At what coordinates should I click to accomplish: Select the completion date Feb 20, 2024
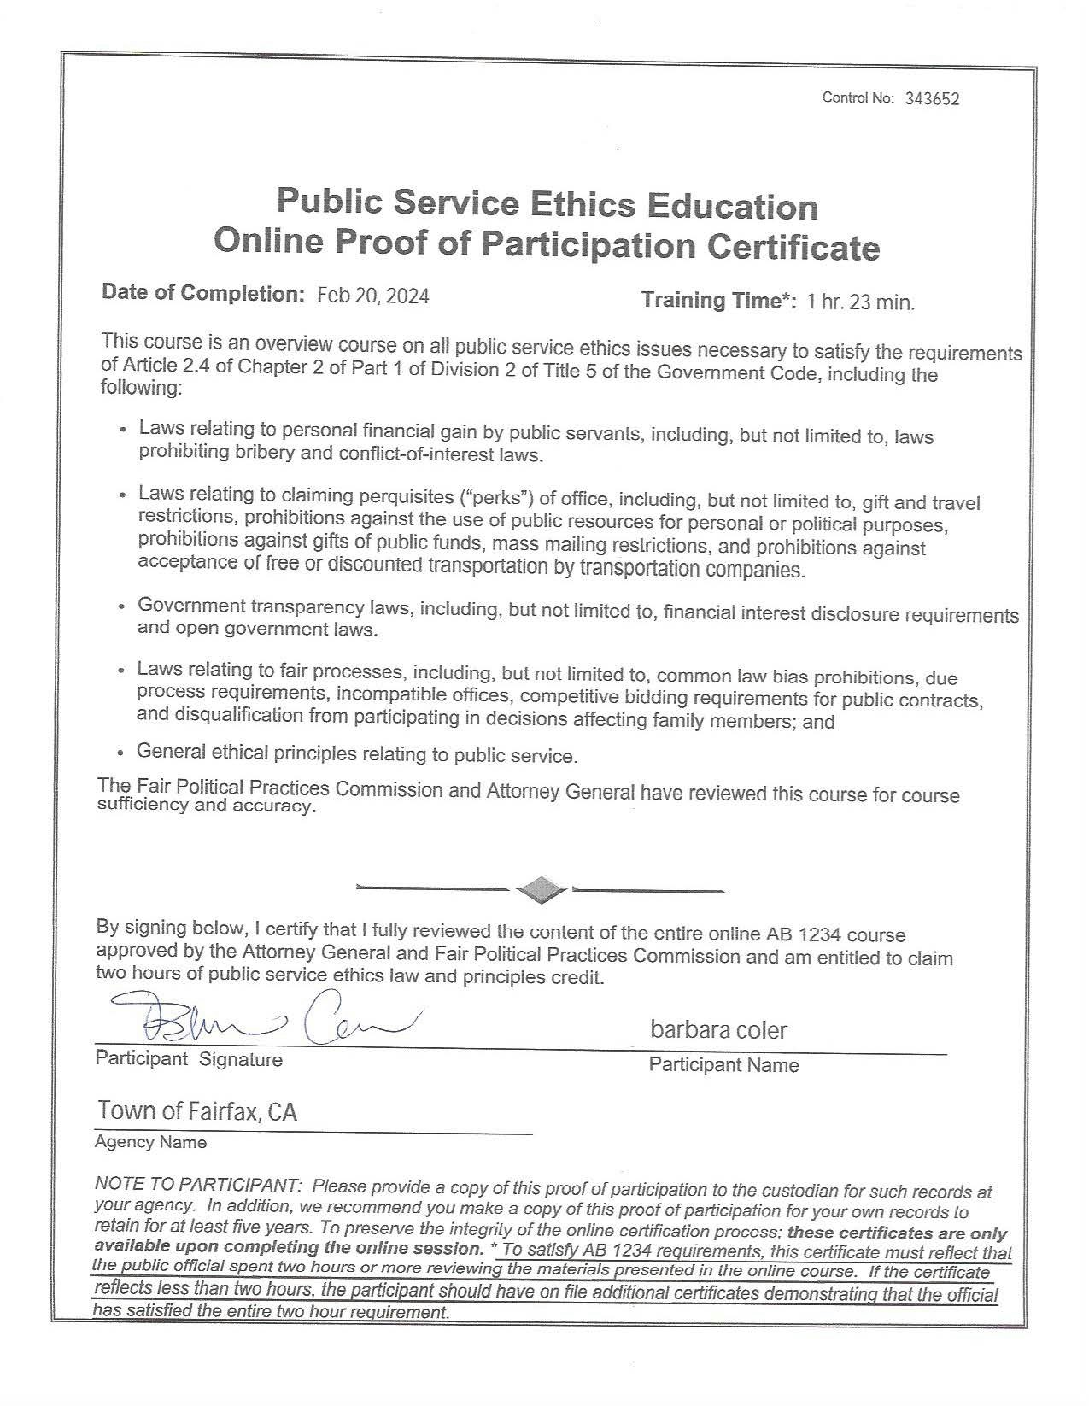(372, 296)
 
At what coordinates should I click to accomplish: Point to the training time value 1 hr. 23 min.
(860, 302)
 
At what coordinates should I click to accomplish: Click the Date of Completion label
(202, 293)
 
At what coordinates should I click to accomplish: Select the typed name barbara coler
(718, 1030)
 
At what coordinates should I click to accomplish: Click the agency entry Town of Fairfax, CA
(197, 1110)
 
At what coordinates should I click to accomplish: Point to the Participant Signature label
(189, 1059)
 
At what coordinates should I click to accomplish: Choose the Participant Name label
(723, 1065)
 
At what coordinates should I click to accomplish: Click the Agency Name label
(150, 1142)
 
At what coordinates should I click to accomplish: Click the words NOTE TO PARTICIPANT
(198, 1186)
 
